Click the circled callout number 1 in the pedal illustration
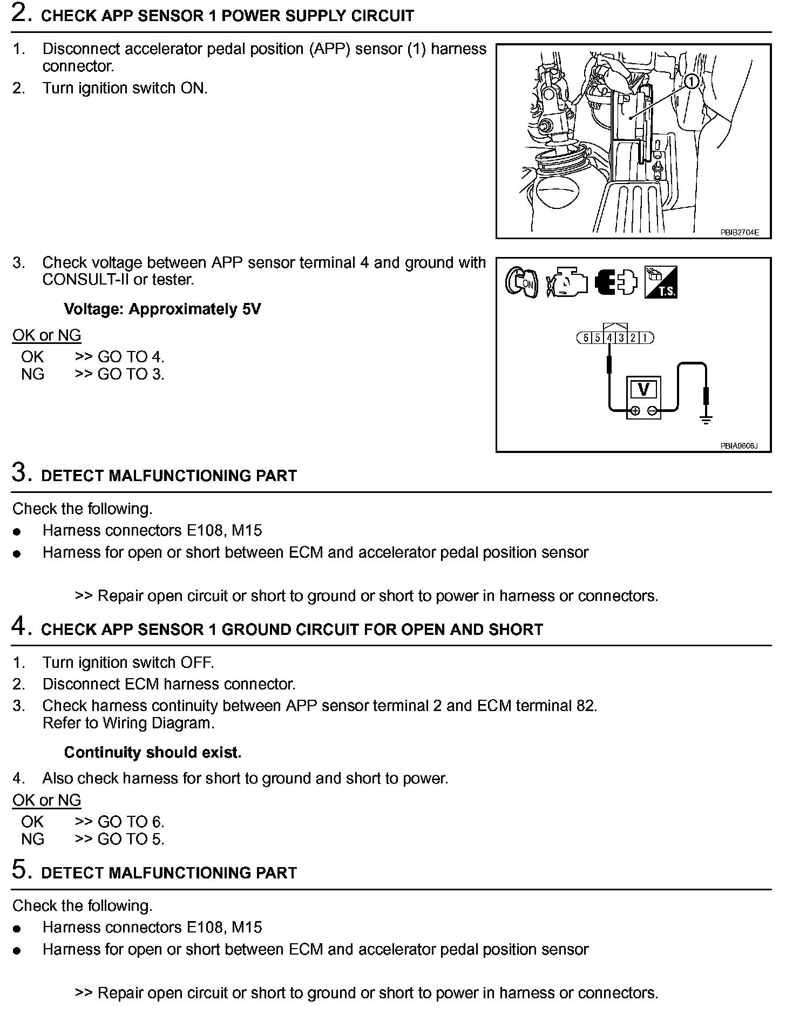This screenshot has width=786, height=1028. (x=692, y=82)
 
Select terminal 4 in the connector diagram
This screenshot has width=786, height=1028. (x=609, y=338)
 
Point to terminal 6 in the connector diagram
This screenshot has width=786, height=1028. (x=586, y=338)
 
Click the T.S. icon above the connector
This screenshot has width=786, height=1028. (x=661, y=282)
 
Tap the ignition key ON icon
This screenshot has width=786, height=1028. (x=521, y=282)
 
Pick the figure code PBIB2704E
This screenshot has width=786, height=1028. (x=739, y=233)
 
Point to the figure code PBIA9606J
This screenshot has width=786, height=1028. (x=738, y=446)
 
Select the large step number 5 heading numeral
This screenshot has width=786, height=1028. (x=20, y=870)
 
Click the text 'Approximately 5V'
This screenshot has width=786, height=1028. (x=195, y=309)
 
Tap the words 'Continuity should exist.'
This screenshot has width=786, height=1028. (x=153, y=752)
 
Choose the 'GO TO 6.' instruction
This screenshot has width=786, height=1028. (x=131, y=822)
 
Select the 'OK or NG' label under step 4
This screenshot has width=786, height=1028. (x=46, y=800)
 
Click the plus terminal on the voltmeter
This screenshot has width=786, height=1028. (x=635, y=411)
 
